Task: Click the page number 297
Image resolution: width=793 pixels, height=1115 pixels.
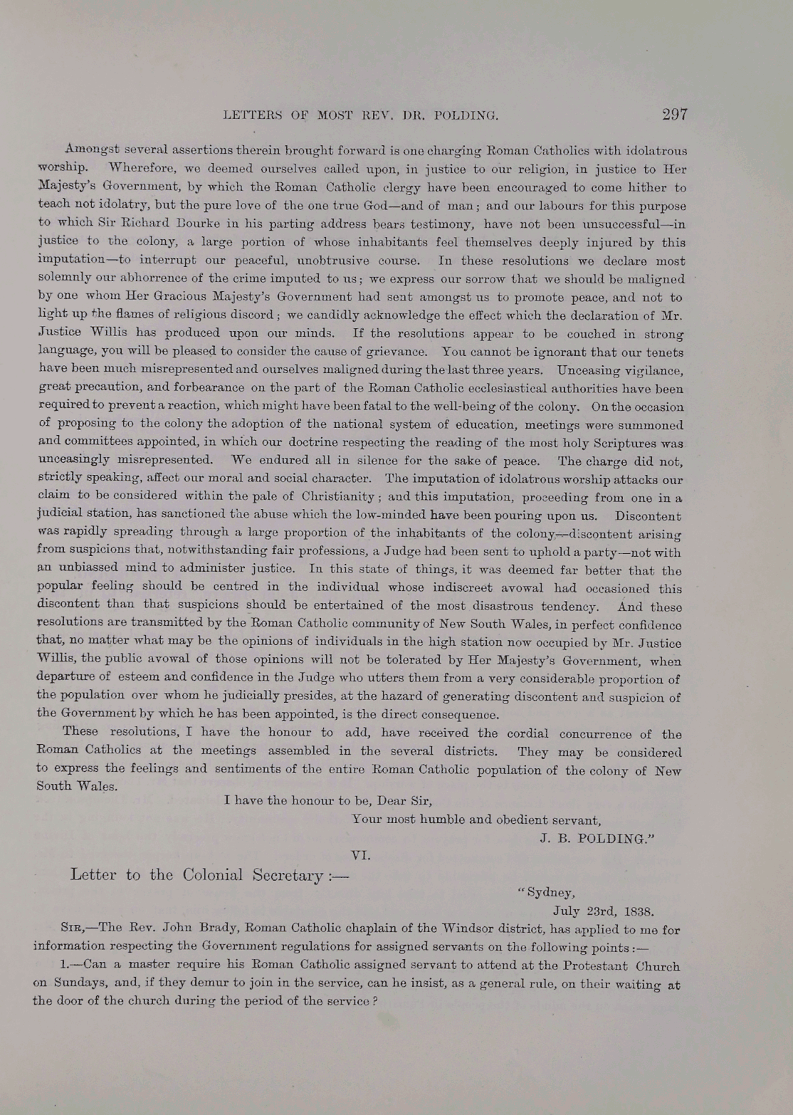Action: [x=674, y=115]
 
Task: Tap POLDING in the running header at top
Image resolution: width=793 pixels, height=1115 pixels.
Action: [x=465, y=115]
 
